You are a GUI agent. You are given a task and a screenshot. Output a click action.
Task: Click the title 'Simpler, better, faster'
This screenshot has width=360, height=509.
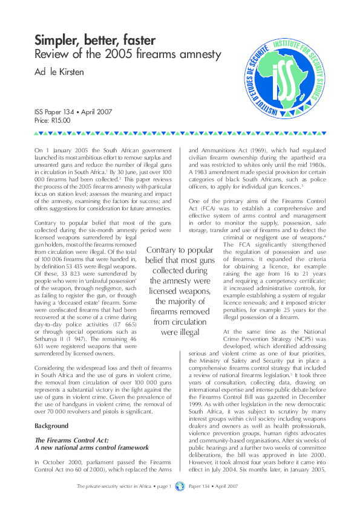pos(95,41)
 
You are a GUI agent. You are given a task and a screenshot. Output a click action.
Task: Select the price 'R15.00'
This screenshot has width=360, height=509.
pos(62,121)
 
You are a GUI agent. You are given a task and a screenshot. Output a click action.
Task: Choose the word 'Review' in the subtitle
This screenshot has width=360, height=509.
pos(51,56)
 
